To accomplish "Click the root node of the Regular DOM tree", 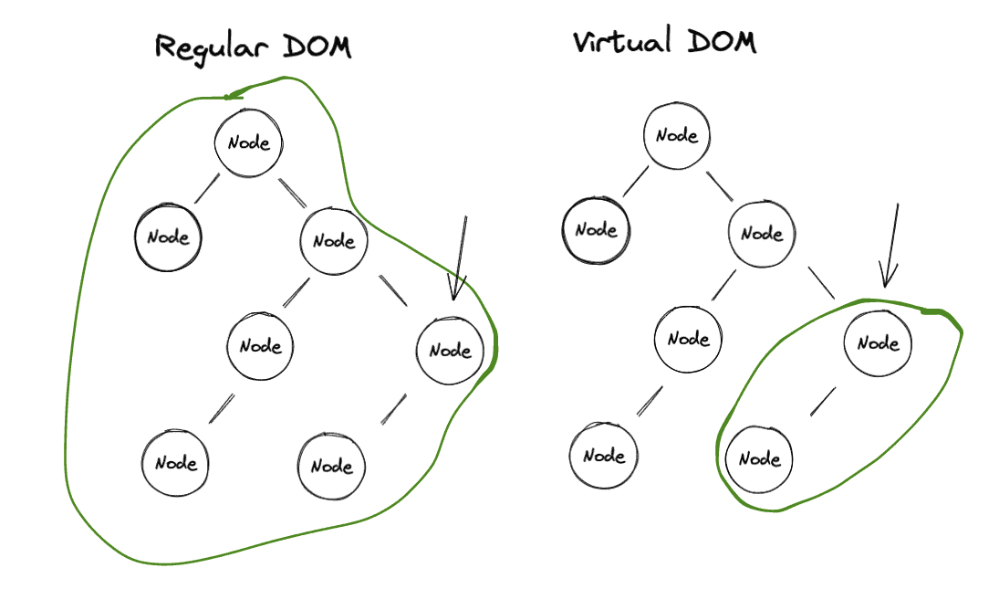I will (248, 143).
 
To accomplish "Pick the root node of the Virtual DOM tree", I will (677, 136).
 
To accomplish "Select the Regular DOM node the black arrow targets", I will (450, 351).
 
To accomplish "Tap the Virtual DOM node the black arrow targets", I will (879, 343).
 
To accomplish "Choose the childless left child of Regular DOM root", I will (169, 238).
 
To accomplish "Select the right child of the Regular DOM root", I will (334, 242).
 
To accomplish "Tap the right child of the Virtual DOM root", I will (762, 234).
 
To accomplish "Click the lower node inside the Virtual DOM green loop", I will (759, 459).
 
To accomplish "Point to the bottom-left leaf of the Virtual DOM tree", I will (603, 456).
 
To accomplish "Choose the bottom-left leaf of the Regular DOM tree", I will (176, 463).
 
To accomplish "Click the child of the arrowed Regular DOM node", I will (332, 467).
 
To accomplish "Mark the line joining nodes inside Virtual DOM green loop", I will (823, 402).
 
